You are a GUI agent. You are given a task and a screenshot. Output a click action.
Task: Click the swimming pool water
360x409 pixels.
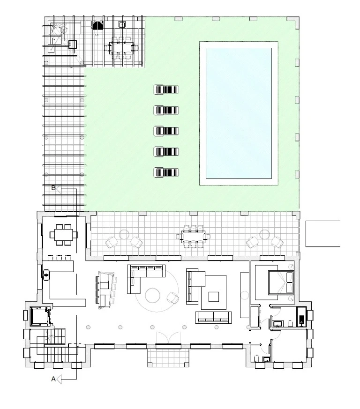tap(239, 113)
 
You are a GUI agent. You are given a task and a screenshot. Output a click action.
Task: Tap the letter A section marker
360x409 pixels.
tap(53, 379)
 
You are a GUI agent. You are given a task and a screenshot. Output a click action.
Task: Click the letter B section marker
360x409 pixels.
tap(53, 188)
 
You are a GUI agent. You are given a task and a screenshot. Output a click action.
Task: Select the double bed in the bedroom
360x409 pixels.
tap(281, 282)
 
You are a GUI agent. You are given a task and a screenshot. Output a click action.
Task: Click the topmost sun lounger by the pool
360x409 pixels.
tap(166, 89)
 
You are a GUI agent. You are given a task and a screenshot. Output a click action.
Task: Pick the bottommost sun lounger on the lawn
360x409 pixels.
tap(166, 172)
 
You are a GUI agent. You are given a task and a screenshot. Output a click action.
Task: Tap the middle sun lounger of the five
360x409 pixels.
tap(166, 131)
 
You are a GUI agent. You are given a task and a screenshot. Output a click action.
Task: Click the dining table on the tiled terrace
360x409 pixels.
tap(194, 237)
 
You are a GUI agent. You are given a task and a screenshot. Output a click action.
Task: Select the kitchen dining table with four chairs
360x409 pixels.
tap(64, 235)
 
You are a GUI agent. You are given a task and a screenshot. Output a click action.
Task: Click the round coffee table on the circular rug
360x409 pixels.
tap(152, 296)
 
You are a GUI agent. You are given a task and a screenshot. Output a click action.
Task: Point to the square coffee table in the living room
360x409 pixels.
tap(214, 297)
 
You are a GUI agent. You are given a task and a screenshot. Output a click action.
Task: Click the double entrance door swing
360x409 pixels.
tap(168, 338)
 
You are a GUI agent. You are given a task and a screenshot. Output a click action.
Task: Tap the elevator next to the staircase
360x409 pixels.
tap(39, 316)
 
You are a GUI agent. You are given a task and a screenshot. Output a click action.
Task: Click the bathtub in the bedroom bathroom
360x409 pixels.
tap(301, 317)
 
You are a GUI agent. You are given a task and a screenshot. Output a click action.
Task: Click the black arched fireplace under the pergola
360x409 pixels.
tap(97, 25)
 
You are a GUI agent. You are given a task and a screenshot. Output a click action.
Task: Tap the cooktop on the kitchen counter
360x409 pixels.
tap(46, 275)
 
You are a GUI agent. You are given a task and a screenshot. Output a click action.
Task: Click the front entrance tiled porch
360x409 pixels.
tap(168, 358)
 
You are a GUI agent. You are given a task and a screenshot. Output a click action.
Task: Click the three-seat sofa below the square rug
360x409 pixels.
tap(214, 318)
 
